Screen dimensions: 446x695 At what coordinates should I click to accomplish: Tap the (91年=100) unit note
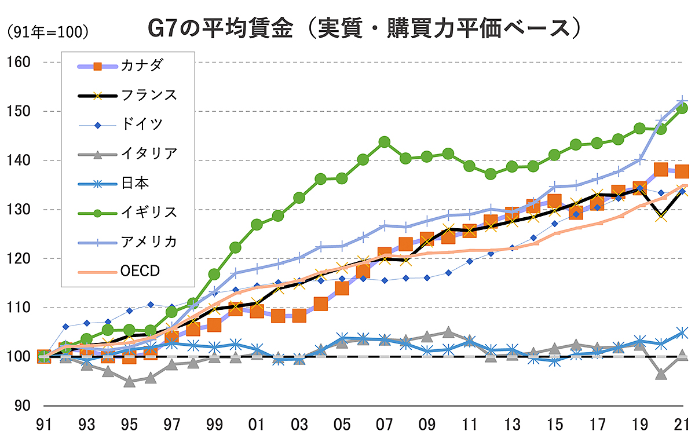pos(47,32)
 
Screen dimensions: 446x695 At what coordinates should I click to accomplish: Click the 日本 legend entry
pos(135,183)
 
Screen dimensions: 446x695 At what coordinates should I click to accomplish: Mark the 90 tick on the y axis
pos(19,405)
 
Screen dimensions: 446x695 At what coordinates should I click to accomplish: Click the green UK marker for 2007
pos(384,142)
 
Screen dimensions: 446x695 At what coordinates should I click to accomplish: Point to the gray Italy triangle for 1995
pos(129,382)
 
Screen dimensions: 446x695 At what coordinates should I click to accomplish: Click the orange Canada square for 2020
pos(661,169)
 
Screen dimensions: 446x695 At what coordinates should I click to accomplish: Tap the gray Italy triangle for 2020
pos(661,374)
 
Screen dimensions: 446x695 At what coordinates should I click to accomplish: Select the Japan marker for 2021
pos(682,332)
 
